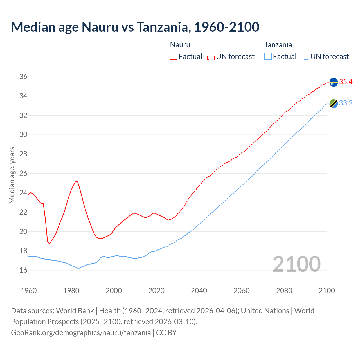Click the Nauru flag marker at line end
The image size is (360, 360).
(334, 82)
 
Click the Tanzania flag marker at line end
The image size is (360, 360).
(334, 103)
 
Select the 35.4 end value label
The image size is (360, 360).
(346, 82)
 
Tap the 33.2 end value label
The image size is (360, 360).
(346, 103)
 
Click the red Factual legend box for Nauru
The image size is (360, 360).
(174, 57)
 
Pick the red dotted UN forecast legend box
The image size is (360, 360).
(211, 57)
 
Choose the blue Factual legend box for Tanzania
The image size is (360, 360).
(268, 57)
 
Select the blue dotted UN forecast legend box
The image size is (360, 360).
(305, 57)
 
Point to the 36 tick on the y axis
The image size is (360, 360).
(23, 77)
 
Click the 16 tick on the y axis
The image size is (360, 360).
(23, 270)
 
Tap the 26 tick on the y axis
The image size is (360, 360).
(23, 174)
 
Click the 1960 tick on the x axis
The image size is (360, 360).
(29, 291)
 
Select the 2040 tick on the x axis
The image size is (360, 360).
(199, 291)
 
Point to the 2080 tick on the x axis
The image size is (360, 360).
(284, 291)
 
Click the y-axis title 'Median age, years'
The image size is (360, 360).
(12, 175)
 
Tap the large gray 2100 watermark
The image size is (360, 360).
(297, 264)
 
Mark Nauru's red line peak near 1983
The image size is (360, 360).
(77, 181)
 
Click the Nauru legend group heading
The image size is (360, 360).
(180, 45)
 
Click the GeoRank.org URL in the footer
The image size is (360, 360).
(81, 333)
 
